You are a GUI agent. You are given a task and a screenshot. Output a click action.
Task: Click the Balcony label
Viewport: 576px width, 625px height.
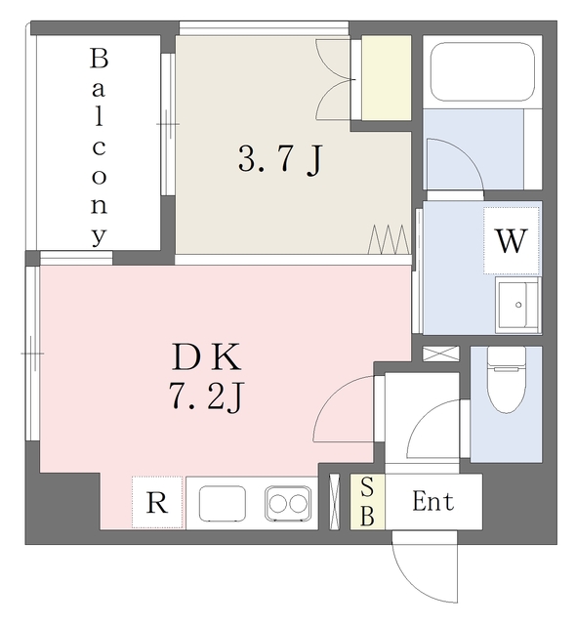pos(99,146)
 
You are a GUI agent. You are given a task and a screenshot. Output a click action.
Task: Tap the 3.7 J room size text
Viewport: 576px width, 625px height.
pos(280,160)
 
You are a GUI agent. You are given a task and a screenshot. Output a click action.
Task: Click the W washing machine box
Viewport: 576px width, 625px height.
pos(512,240)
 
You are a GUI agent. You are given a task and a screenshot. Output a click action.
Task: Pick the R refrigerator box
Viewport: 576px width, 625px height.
pos(156,503)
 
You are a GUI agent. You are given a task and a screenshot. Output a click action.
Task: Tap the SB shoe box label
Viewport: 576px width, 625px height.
pos(367,501)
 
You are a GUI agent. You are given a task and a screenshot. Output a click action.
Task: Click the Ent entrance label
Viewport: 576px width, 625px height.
pos(432,502)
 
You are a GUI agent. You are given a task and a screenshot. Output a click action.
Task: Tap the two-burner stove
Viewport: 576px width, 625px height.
pos(288,504)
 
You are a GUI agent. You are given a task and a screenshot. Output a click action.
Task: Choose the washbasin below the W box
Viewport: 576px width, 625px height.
pos(517,305)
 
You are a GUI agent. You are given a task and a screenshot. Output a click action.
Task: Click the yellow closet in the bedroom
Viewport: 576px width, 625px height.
pos(387,77)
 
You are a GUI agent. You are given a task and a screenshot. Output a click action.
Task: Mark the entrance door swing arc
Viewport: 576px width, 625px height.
pos(425,570)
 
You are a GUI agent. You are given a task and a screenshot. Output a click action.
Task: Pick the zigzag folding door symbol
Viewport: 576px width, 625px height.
pos(388,237)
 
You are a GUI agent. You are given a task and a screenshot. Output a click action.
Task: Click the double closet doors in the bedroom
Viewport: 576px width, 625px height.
pos(334,80)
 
